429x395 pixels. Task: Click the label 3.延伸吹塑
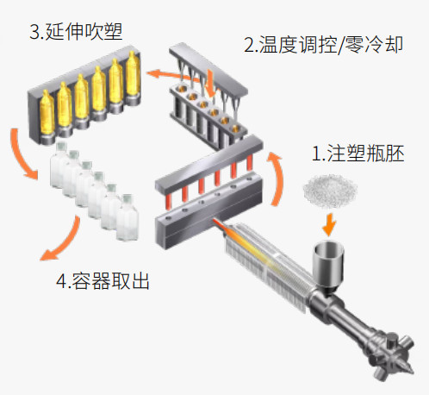(x=76, y=32)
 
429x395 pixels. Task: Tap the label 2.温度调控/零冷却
(x=323, y=45)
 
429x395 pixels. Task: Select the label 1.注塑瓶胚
(x=358, y=154)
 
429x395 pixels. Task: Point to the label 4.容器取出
(x=103, y=280)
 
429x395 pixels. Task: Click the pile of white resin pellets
(x=330, y=191)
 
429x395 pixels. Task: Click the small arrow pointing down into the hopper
(x=329, y=224)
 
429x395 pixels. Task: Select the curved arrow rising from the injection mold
(x=277, y=179)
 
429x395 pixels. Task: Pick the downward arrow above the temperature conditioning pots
(x=211, y=83)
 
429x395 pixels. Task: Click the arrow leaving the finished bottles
(x=63, y=241)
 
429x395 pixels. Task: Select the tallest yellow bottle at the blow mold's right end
(x=133, y=75)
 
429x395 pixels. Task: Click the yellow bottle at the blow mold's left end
(x=47, y=113)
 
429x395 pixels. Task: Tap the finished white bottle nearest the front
(x=127, y=217)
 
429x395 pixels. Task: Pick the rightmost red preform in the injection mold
(x=249, y=163)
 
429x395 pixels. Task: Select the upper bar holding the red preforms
(x=209, y=166)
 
